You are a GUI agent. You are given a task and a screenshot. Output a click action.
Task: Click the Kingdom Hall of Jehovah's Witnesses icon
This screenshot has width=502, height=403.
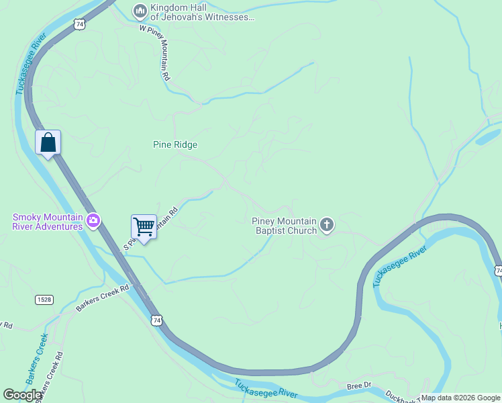[140, 10]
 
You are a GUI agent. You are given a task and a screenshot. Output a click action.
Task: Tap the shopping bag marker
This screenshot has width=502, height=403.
[48, 142]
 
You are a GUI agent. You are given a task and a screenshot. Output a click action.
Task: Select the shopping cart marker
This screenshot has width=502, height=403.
[144, 227]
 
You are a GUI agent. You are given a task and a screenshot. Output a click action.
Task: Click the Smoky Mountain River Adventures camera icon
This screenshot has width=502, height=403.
[93, 220]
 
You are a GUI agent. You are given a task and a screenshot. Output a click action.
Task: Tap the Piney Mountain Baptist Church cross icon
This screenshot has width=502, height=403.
[327, 225]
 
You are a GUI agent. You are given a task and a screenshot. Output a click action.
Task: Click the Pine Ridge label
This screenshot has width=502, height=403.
[175, 144]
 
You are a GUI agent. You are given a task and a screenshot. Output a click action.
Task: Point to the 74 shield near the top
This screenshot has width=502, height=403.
[81, 24]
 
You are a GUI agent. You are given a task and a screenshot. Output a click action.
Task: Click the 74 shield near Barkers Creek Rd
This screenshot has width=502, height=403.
[156, 321]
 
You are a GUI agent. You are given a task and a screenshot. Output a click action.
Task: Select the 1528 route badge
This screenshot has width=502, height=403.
[44, 299]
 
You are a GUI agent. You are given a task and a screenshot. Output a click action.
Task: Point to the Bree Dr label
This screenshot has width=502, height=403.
[359, 386]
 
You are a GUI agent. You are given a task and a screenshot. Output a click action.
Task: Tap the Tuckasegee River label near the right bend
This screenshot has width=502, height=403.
[400, 267]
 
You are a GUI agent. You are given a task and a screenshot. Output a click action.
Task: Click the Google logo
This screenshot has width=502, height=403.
[23, 395]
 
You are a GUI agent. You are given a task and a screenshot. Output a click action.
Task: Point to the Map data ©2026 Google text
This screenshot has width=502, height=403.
[460, 398]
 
